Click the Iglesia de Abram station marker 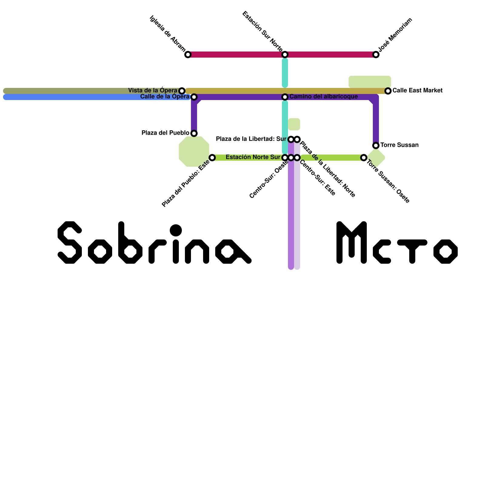[188, 55]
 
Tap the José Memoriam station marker [376, 55]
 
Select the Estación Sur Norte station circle [285, 55]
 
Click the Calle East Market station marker [388, 91]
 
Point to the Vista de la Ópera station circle [182, 91]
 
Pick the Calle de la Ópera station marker [194, 97]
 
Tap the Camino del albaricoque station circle [285, 97]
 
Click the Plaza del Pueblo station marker [194, 133]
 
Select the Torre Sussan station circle [376, 145]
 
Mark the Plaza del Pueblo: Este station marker [212, 158]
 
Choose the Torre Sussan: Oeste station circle [364, 158]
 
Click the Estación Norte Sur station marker [285, 158]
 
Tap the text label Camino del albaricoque [323, 97]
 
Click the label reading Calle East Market [417, 91]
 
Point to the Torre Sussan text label [400, 145]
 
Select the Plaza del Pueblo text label [166, 133]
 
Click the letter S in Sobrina [70, 242]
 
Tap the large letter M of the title [352, 242]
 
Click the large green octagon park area [194, 152]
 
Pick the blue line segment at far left [91, 97]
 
